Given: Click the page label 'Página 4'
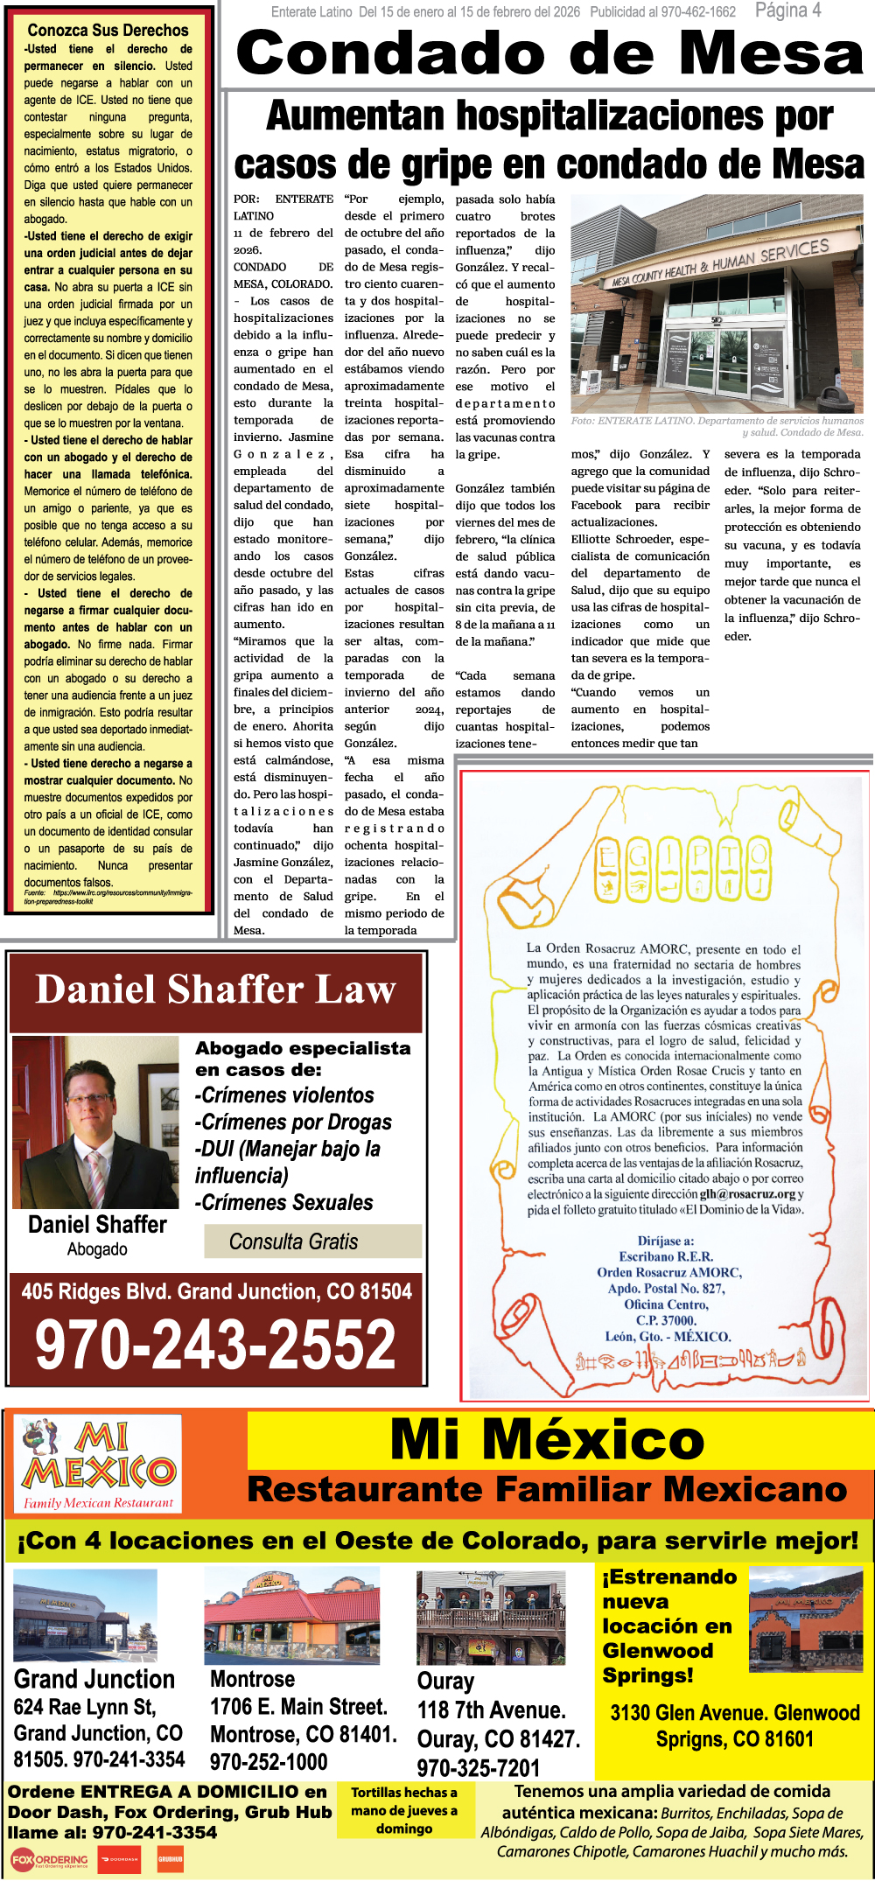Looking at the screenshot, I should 787,10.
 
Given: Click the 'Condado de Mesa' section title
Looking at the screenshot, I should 549,53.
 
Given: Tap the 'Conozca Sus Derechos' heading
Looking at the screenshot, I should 108,31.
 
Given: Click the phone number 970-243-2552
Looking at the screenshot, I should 216,1345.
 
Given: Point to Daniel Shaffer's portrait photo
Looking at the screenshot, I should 96,1122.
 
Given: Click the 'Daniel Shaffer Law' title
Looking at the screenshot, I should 216,989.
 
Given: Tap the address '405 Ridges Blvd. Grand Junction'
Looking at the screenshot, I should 216,1291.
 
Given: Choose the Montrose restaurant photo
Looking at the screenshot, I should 291,1616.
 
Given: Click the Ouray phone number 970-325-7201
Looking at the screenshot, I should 479,1767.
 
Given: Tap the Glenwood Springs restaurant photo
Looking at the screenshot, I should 806,1616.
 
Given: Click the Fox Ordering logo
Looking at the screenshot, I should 50,1859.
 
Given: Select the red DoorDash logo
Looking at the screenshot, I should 119,1859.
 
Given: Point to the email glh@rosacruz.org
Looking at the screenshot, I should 747,1194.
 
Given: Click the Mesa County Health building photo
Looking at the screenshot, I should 717,304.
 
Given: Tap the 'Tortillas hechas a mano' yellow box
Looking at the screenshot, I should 404,1810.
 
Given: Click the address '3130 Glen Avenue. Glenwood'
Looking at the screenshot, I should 735,1712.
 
